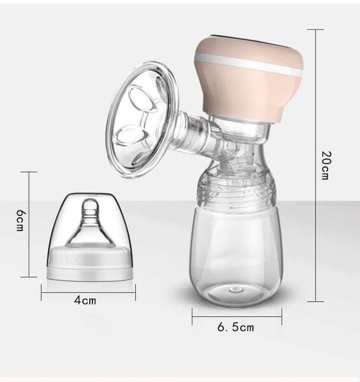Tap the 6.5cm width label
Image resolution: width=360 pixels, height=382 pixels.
point(236,327)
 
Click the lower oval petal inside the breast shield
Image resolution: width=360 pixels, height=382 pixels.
point(132,135)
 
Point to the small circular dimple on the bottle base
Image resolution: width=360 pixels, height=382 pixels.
point(236,289)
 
